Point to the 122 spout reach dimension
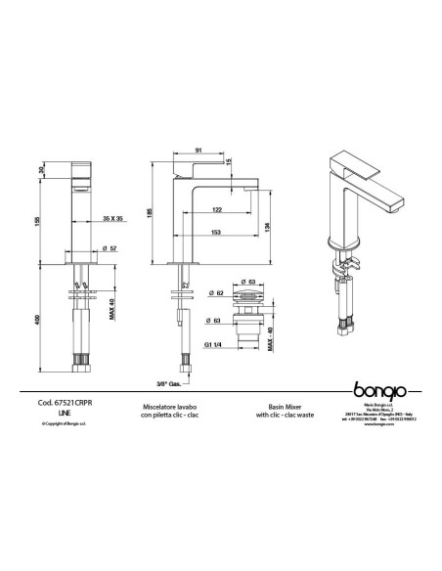click(x=215, y=210)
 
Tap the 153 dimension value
click(x=215, y=231)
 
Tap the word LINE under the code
click(x=64, y=414)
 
